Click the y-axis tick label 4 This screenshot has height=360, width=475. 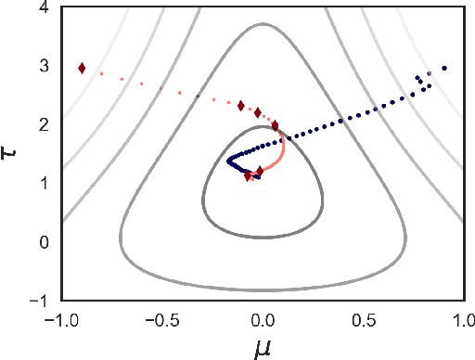(x=45, y=8)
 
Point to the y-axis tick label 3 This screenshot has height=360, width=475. (x=45, y=67)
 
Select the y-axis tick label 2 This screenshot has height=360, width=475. (x=45, y=125)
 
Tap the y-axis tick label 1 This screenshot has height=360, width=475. (x=45, y=184)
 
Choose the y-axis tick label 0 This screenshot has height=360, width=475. (x=45, y=242)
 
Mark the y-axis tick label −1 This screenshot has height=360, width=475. (x=40, y=301)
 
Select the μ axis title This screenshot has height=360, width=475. (x=263, y=347)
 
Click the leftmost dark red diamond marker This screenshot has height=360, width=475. (x=82, y=68)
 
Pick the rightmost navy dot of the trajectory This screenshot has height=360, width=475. (x=444, y=68)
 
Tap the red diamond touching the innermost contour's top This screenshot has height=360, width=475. (x=275, y=125)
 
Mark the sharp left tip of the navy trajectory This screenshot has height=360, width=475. (x=228, y=161)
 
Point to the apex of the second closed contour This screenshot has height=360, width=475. (x=263, y=24)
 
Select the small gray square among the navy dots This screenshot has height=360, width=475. (x=429, y=73)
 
